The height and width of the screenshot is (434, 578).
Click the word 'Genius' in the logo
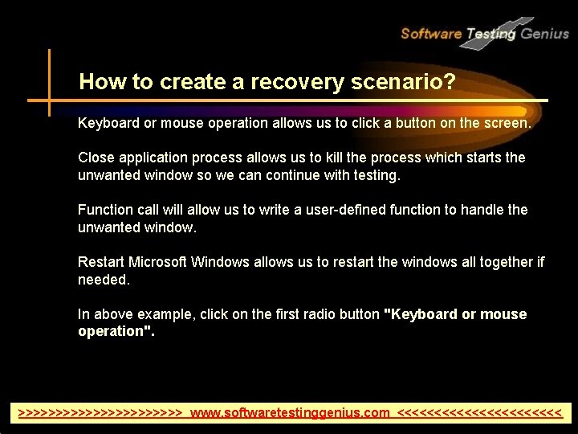click(x=544, y=34)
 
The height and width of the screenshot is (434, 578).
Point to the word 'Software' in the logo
click(x=430, y=34)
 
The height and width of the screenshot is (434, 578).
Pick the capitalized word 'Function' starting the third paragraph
click(x=106, y=210)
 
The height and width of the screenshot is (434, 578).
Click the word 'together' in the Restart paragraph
click(x=503, y=262)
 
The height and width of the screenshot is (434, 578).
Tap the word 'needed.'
click(x=104, y=280)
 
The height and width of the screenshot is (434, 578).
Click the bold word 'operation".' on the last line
click(x=116, y=331)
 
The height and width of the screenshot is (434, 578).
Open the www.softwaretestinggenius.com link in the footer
click(x=290, y=413)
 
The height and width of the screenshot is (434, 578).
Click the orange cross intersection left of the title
click(x=49, y=100)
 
